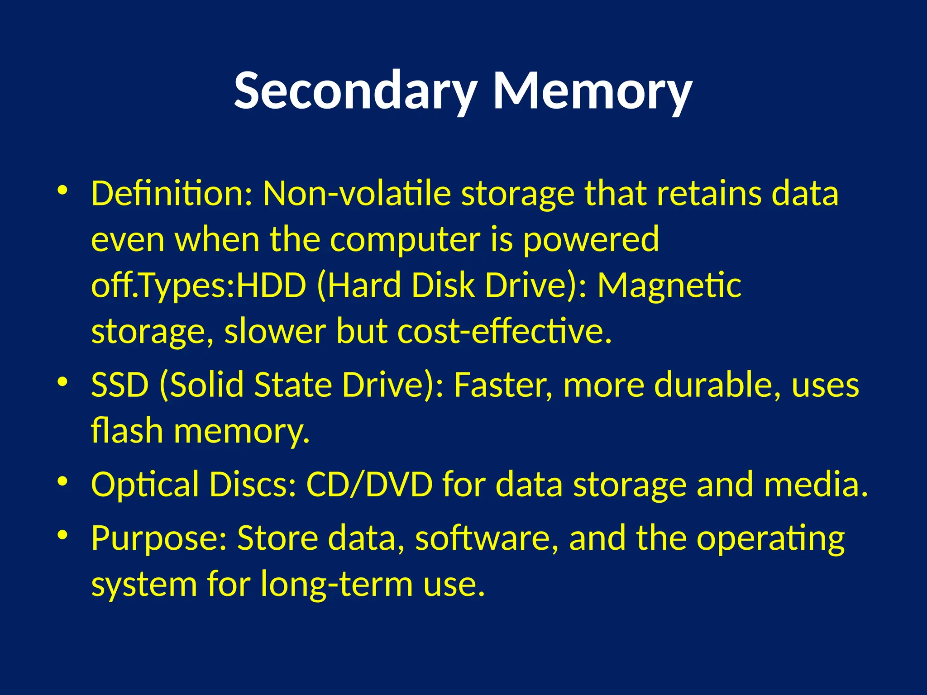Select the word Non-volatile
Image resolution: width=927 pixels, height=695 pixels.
tap(357, 194)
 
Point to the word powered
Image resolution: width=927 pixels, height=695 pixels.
tap(591, 240)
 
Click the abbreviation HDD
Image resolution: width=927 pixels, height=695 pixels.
tap(271, 286)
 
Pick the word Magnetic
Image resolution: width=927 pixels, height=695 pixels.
tap(669, 286)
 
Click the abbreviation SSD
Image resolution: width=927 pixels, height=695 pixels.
tap(120, 385)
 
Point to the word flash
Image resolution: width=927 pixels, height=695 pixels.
tap(127, 431)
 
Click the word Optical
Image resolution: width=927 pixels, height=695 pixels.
tap(145, 485)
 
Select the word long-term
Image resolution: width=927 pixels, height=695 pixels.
tap(337, 584)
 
